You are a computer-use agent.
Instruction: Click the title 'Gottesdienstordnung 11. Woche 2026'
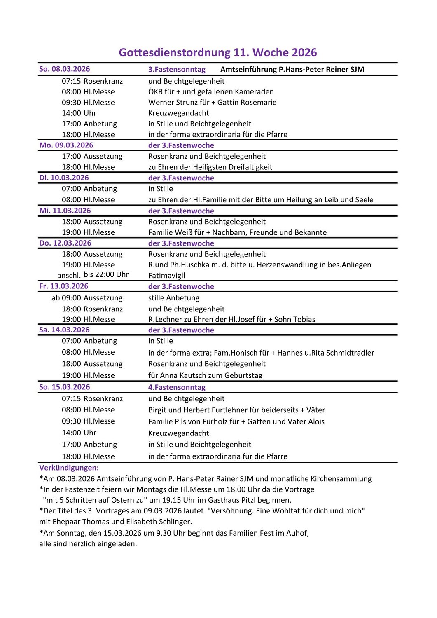[218, 52]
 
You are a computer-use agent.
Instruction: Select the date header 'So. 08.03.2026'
[64, 69]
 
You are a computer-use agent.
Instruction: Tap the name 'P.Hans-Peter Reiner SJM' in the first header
[321, 69]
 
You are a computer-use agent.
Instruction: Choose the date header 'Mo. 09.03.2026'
[66, 145]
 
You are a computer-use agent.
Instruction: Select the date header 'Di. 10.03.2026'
[64, 178]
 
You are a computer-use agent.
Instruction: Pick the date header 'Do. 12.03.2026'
[65, 243]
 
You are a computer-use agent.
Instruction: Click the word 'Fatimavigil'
[166, 276]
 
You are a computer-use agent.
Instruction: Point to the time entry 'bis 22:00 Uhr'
[106, 275]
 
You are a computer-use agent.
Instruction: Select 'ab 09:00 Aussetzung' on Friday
[87, 298]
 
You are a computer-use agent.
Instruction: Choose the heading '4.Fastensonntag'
[177, 388]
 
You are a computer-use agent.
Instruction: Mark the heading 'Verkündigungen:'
[69, 468]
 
